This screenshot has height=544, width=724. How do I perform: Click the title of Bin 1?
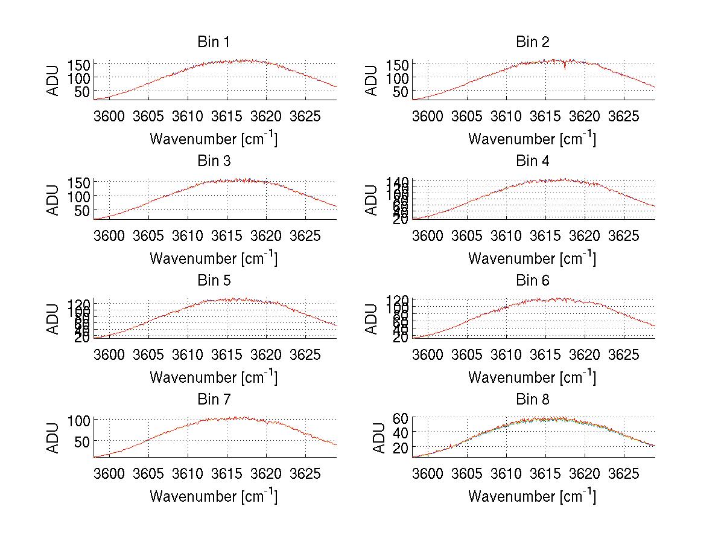[x=213, y=42]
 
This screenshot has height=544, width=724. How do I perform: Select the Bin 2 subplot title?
[x=532, y=42]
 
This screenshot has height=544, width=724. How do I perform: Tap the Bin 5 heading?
[x=213, y=281]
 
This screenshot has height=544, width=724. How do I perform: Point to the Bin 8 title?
[x=532, y=400]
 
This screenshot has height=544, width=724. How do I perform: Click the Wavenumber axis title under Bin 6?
[x=532, y=377]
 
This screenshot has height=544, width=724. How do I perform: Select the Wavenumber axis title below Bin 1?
[x=213, y=138]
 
